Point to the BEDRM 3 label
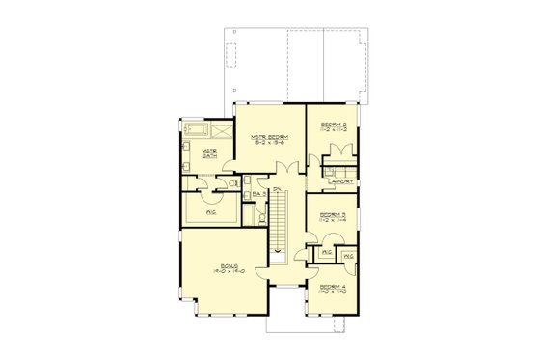[x=333, y=213]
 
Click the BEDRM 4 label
[x=333, y=286]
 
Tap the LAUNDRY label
[x=338, y=180]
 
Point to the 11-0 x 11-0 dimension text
[x=333, y=292]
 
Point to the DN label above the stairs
[x=276, y=187]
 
